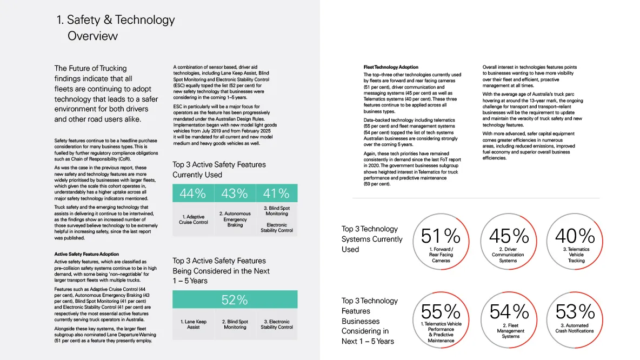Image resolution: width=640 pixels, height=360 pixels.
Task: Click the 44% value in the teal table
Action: point(193,193)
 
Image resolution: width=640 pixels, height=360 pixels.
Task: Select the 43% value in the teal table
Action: point(235,193)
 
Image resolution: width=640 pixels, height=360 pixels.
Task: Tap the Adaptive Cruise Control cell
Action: point(193,219)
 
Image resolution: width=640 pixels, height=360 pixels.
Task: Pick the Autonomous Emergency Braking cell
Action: point(235,219)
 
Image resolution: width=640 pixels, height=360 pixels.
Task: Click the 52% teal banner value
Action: point(235,299)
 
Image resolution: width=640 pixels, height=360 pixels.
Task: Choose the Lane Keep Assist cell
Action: point(193,324)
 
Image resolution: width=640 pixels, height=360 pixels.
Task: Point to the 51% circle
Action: point(441,241)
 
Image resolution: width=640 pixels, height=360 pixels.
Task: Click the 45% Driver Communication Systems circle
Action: point(508,241)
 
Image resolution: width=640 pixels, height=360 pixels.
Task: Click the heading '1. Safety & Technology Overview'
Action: point(116,28)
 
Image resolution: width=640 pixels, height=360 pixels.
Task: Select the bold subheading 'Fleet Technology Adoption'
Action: point(391,68)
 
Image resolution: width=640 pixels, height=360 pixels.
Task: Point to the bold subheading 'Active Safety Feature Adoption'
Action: point(87,254)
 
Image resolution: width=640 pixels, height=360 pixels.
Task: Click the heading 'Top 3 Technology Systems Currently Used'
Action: point(372,239)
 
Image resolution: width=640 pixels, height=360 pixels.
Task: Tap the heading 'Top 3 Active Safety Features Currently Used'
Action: point(219,170)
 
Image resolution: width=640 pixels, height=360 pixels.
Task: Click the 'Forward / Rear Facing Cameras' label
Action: point(441,255)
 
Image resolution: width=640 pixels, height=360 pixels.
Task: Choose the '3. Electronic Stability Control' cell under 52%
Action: point(277,324)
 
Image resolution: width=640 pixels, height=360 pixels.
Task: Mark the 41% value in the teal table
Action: point(277,193)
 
